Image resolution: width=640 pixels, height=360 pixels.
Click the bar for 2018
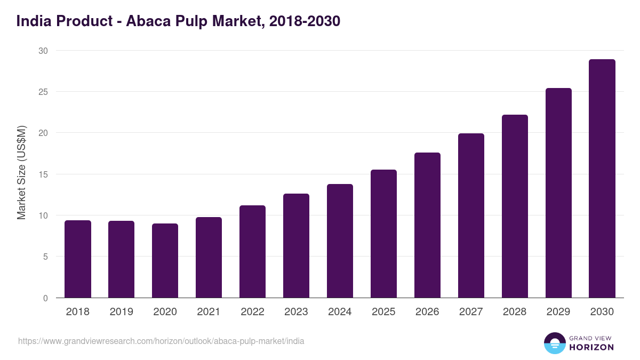pyautogui.click(x=78, y=259)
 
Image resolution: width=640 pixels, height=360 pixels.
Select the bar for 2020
pyautogui.click(x=165, y=261)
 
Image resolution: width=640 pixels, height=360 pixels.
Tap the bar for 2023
pyautogui.click(x=296, y=246)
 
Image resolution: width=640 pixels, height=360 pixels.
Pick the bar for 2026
pyautogui.click(x=427, y=225)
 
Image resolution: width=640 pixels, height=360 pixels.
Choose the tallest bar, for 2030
pyautogui.click(x=602, y=179)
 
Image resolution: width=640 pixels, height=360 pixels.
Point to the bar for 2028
pyautogui.click(x=515, y=206)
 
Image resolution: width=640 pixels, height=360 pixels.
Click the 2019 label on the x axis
pyautogui.click(x=122, y=312)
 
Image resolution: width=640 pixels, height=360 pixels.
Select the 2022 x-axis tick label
pyautogui.click(x=252, y=312)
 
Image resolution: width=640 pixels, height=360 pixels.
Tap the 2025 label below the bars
pyautogui.click(x=383, y=312)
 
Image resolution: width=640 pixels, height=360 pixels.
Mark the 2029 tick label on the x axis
pyautogui.click(x=558, y=312)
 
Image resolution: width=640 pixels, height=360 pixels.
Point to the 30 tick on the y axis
pyautogui.click(x=43, y=51)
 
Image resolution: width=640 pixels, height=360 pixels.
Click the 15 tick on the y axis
pyautogui.click(x=43, y=174)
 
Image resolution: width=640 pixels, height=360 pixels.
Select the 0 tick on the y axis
pyautogui.click(x=45, y=298)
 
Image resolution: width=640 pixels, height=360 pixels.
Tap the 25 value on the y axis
pyautogui.click(x=43, y=92)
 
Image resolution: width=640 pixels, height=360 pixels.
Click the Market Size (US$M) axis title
pyautogui.click(x=21, y=172)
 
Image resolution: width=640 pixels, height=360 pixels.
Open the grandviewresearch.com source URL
pyautogui.click(x=161, y=341)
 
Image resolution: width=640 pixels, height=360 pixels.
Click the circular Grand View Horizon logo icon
pyautogui.click(x=554, y=343)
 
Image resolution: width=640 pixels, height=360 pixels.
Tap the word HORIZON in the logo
pyautogui.click(x=591, y=347)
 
